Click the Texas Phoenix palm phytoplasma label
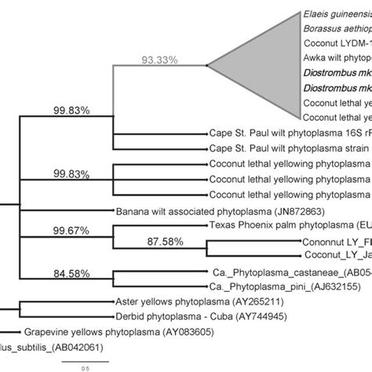tap(290, 224)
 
